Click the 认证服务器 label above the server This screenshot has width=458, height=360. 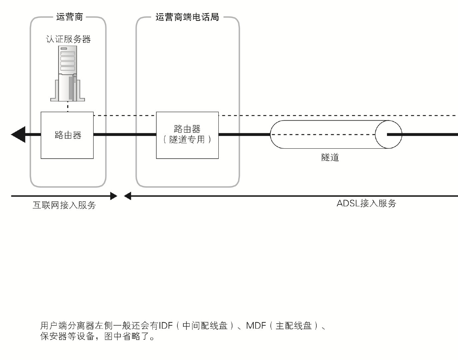68,39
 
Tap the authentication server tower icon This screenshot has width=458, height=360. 68,74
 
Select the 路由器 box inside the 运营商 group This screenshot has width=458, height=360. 67,135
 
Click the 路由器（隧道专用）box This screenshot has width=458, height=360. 187,135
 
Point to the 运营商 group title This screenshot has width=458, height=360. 69,17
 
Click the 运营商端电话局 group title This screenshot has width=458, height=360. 187,17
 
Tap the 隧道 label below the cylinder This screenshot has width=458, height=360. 330,157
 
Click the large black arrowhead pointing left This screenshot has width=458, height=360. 18,135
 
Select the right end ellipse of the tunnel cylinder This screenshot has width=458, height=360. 388,135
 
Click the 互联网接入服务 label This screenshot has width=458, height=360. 64,205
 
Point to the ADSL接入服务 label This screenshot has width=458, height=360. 366,203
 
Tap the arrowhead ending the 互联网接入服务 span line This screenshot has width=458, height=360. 114,196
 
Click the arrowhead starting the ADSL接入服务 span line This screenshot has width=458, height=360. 127,196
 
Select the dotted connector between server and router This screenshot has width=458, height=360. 68,107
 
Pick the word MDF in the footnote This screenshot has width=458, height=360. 256,325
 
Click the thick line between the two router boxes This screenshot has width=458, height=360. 125,135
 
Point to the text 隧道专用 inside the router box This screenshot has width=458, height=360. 187,140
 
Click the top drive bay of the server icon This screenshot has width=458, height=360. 68,54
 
